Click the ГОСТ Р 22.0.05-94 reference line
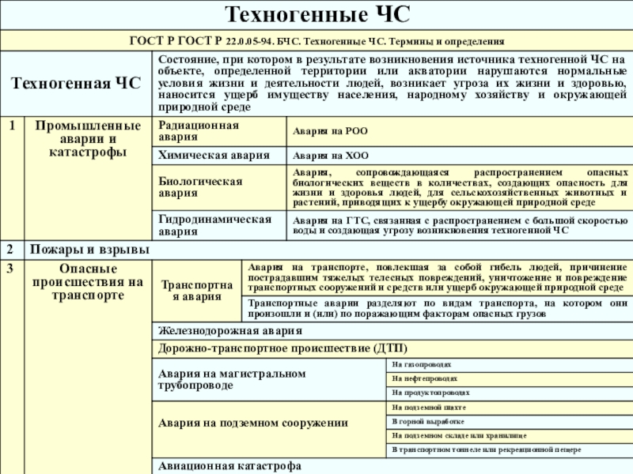(x=316, y=40)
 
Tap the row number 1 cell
(x=13, y=126)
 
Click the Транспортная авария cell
(x=197, y=290)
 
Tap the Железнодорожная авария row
(x=229, y=331)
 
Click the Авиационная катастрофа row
(x=229, y=466)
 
